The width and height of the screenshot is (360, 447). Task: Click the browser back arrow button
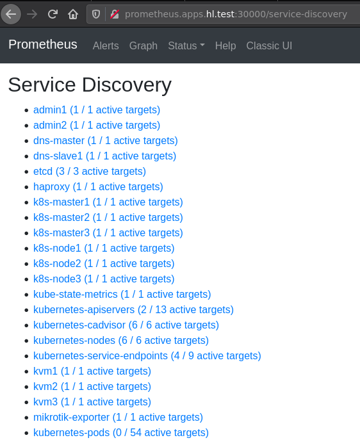11,14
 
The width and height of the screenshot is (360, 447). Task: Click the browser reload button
53,14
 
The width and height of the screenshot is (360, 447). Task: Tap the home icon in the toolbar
73,14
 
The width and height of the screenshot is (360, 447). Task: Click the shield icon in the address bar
96,14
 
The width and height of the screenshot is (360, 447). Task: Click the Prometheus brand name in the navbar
43,44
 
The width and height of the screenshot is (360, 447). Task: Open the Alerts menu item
106,45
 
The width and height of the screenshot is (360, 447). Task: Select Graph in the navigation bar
143,45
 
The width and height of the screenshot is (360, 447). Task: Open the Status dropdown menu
186,45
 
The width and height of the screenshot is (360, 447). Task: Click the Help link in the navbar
225,45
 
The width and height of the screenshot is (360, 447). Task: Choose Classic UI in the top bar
269,45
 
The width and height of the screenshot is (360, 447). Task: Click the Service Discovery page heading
90,85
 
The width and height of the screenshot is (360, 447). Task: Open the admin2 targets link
97,125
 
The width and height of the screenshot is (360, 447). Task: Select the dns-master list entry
106,140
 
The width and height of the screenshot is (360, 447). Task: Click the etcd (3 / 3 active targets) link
90,172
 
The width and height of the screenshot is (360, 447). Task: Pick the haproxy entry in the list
98,187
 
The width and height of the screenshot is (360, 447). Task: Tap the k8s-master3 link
108,233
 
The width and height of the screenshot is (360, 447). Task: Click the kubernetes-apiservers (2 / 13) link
133,309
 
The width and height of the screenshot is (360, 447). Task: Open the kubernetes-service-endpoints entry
147,356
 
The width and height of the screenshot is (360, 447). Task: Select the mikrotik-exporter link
118,418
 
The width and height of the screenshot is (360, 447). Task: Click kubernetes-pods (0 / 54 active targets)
121,433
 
